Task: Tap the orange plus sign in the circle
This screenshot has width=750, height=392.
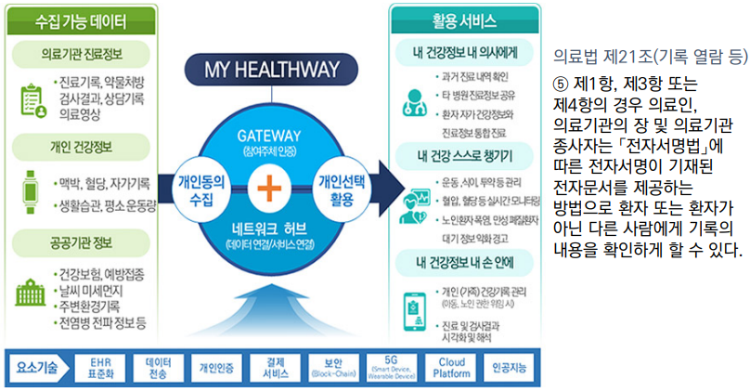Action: (x=268, y=189)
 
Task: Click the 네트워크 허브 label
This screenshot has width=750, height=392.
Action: (x=268, y=229)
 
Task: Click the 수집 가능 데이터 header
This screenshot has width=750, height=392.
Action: (x=83, y=19)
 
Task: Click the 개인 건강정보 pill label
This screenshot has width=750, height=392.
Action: (x=83, y=146)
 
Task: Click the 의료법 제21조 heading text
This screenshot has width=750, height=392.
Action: (x=649, y=56)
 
